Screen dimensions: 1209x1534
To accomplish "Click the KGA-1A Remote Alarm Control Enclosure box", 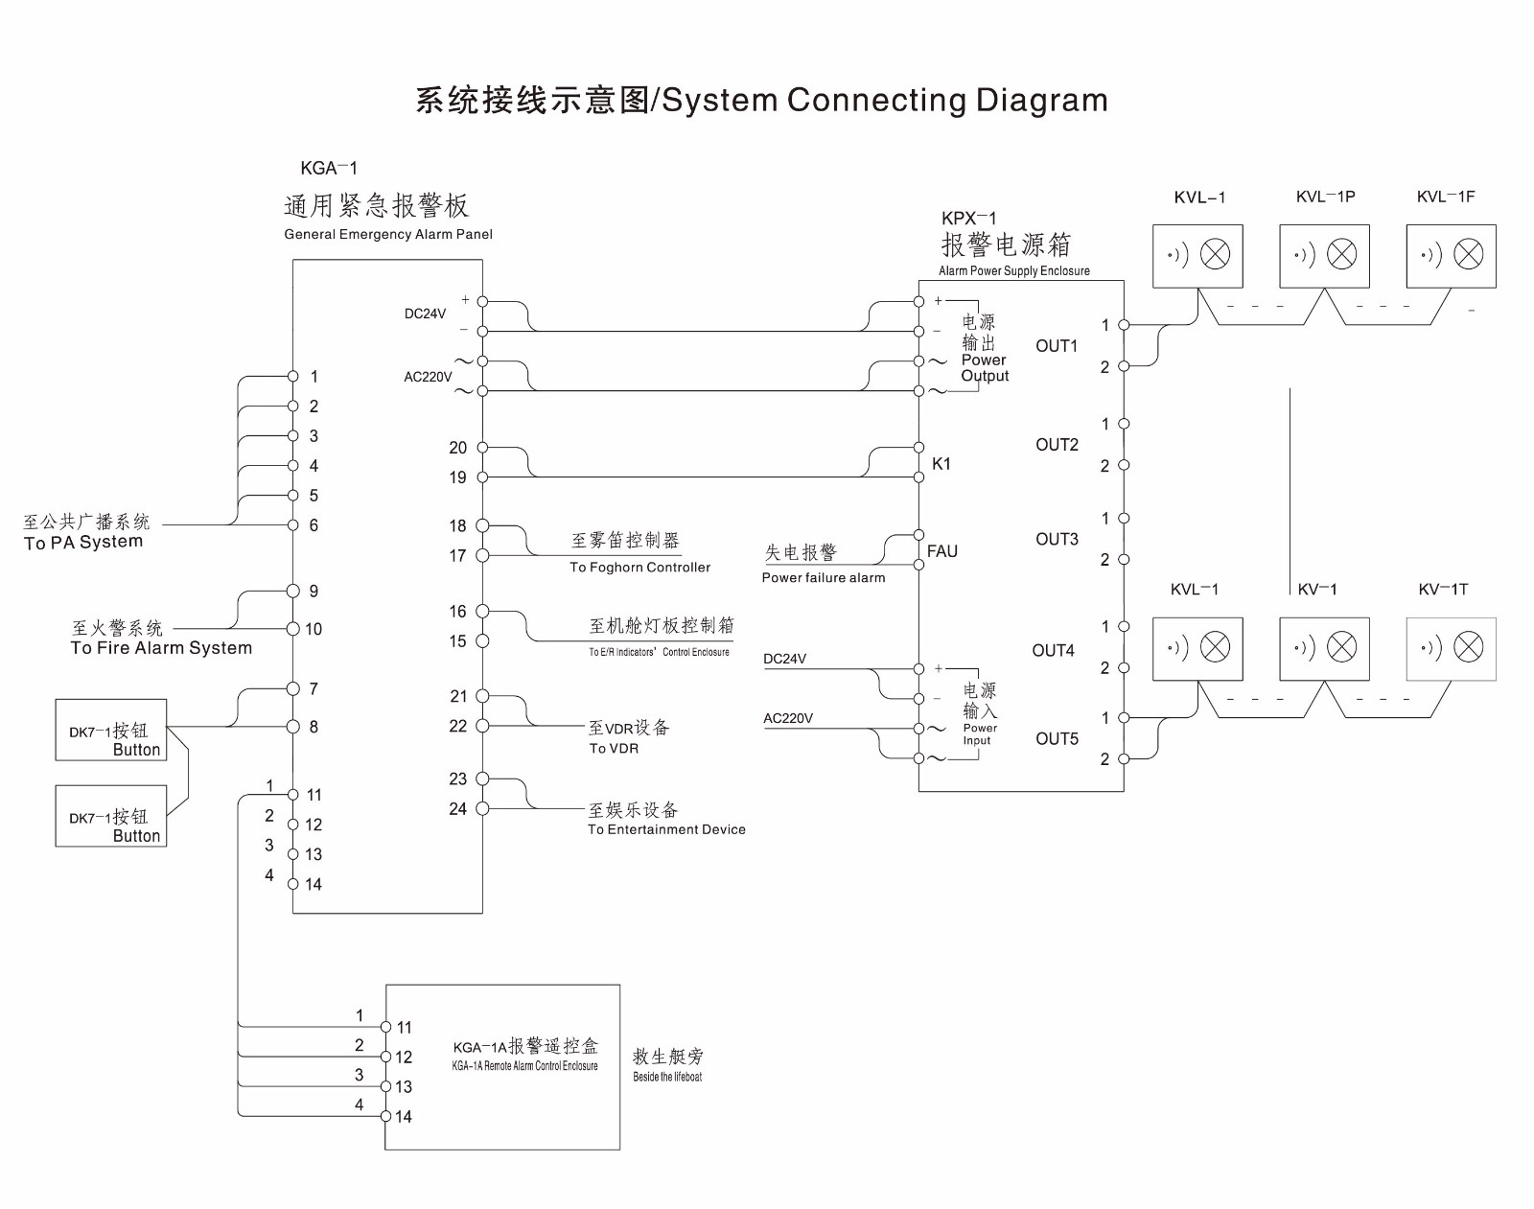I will tap(502, 1066).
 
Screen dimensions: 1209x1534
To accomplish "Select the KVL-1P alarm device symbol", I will tap(1324, 255).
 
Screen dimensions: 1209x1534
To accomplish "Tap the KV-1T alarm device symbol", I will tap(1451, 649).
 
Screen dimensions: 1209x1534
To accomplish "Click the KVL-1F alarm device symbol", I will tap(1451, 255).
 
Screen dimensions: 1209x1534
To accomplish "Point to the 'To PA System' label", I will tap(83, 543).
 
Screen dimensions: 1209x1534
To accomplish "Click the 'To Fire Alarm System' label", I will tap(161, 648).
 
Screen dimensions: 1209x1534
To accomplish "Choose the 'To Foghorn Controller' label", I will tap(639, 568).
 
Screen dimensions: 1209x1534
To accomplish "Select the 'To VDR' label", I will tap(614, 749).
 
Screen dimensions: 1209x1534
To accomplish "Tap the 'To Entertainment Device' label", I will tap(666, 830).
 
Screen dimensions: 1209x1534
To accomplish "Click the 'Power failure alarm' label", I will tap(824, 578).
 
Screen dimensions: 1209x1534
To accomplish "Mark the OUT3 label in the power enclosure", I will tap(1057, 540).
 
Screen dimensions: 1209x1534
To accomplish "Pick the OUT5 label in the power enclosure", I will tap(1057, 739).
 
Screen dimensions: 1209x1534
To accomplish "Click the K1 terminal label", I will tap(941, 464).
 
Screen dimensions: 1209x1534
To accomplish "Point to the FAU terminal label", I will tap(942, 551).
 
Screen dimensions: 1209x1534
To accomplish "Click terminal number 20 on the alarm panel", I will tap(458, 448).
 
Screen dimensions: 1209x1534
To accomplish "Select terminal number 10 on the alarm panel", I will tap(314, 630).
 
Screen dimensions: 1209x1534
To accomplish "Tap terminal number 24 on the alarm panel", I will tap(458, 809).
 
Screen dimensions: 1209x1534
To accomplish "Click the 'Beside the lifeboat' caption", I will tap(667, 1078).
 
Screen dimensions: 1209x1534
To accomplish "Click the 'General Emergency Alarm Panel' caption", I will tap(388, 235).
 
